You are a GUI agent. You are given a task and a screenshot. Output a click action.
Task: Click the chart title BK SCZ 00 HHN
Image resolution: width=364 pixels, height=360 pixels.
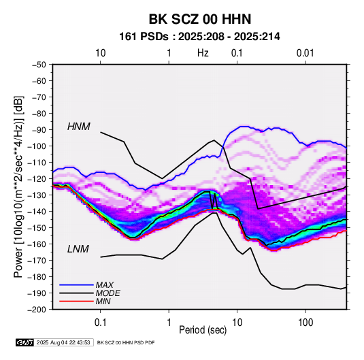[199, 19]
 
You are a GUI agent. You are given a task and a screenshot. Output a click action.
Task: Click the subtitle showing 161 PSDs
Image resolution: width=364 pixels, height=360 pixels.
[199, 37]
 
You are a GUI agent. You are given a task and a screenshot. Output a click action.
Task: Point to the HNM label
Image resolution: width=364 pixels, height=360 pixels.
[79, 127]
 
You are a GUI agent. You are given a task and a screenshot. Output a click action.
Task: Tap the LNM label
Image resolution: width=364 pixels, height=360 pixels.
[78, 249]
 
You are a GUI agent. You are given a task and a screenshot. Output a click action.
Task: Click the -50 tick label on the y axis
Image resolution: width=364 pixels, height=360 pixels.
[39, 65]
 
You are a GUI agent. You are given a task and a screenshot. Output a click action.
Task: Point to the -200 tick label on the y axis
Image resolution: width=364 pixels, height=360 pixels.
[37, 310]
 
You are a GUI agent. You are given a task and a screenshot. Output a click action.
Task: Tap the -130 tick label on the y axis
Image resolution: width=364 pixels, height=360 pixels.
[37, 195]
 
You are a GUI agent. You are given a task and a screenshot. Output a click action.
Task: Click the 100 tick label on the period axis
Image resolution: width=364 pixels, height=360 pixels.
[305, 323]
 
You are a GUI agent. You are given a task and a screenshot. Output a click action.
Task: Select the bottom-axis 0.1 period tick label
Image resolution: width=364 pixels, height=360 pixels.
[100, 323]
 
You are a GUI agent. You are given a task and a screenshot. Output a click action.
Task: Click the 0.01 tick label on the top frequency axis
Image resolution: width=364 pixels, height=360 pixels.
[305, 53]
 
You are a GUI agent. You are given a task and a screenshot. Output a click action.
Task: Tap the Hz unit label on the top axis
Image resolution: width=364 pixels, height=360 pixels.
[203, 53]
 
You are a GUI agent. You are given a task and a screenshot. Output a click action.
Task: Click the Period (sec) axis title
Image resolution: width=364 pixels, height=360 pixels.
[203, 330]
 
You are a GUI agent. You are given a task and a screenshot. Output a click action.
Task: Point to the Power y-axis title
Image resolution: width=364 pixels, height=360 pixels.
[18, 187]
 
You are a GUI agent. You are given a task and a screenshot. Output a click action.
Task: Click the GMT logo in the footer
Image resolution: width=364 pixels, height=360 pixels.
[24, 342]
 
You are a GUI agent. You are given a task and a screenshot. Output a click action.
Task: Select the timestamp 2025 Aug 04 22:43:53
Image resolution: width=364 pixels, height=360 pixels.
[63, 342]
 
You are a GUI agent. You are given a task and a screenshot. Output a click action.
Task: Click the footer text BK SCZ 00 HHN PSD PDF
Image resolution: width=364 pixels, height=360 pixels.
[126, 342]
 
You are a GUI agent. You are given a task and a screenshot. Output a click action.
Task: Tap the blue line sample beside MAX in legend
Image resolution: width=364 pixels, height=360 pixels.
[76, 285]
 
